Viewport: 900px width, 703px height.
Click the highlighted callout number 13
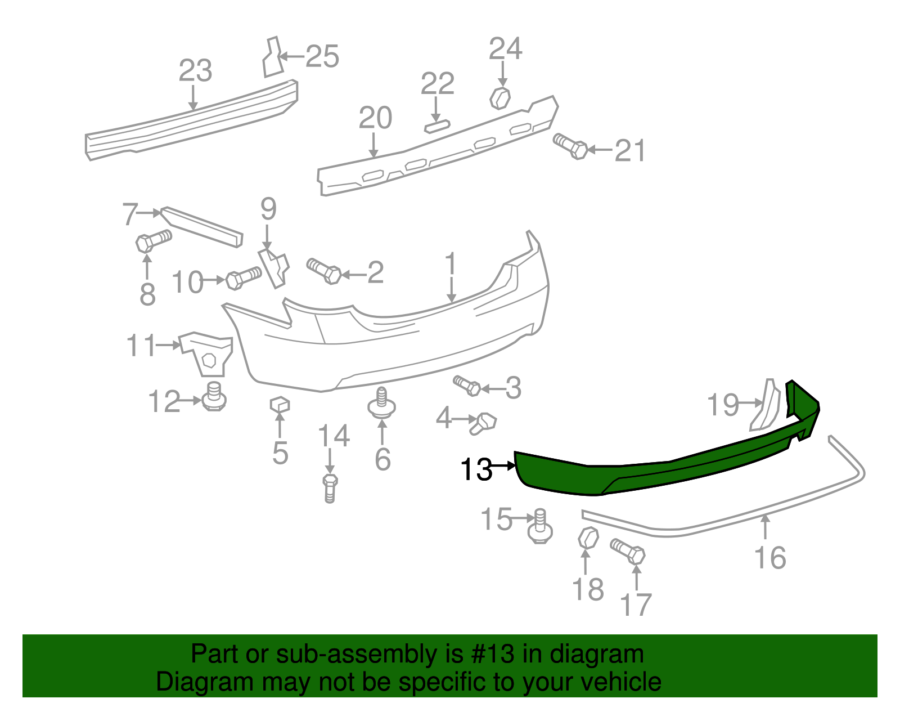pyautogui.click(x=476, y=469)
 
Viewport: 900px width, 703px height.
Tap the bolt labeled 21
pyautogui.click(x=570, y=146)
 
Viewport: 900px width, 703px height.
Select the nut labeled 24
pyautogui.click(x=500, y=98)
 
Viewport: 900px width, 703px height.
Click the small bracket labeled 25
pyautogui.click(x=273, y=57)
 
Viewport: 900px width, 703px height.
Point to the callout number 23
pyautogui.click(x=196, y=70)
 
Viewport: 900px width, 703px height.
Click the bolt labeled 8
pyautogui.click(x=153, y=241)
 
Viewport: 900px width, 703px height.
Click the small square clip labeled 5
pyautogui.click(x=280, y=405)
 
